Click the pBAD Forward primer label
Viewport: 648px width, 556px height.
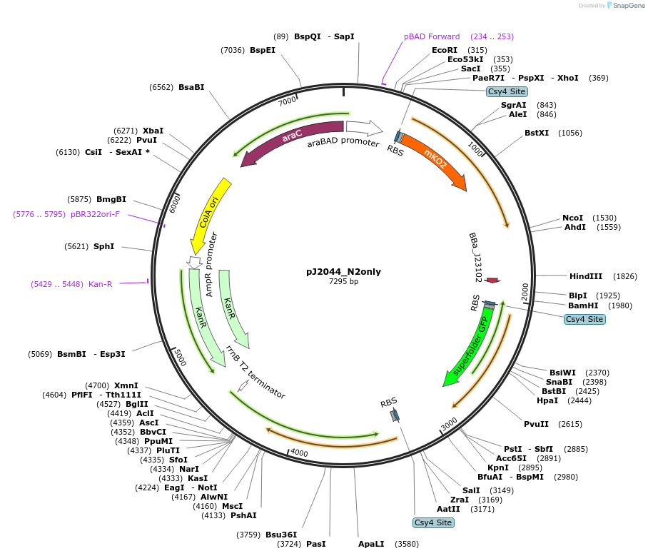pos(432,36)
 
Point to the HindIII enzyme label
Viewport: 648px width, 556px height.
pos(586,276)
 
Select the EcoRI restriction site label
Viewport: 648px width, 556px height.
pos(445,50)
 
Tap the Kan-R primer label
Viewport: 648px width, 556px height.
pos(100,284)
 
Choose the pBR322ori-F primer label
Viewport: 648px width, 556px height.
pos(95,214)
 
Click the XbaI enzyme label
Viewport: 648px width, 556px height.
pos(153,131)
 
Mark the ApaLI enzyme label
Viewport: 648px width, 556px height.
pos(371,544)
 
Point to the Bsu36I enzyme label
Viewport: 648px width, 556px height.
pos(281,534)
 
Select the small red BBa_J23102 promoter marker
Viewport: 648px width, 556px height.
pos(492,280)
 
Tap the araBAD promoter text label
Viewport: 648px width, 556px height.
pos(343,143)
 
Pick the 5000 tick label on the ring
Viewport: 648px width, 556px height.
pos(178,358)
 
